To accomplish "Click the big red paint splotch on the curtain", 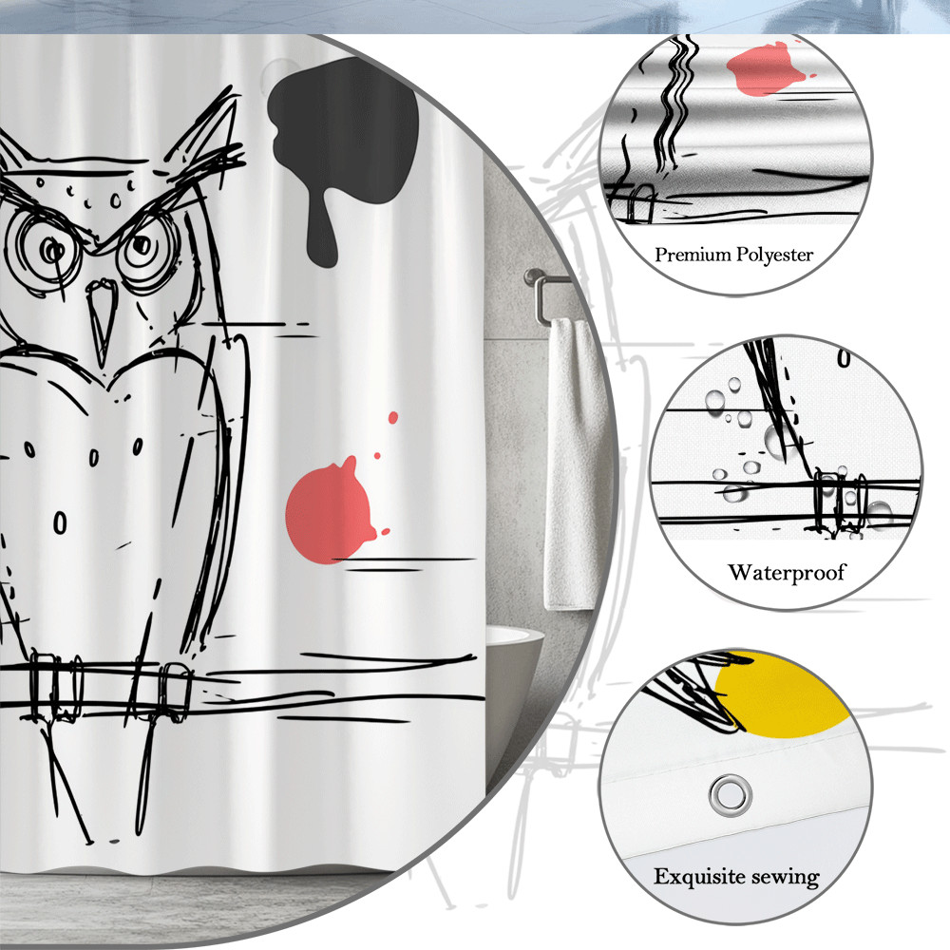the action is coord(331,510).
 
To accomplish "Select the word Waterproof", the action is coord(787,573).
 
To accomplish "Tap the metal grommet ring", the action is coord(731,793).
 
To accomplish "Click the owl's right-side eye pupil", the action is coord(142,245).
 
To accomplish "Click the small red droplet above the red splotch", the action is coord(393,417).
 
